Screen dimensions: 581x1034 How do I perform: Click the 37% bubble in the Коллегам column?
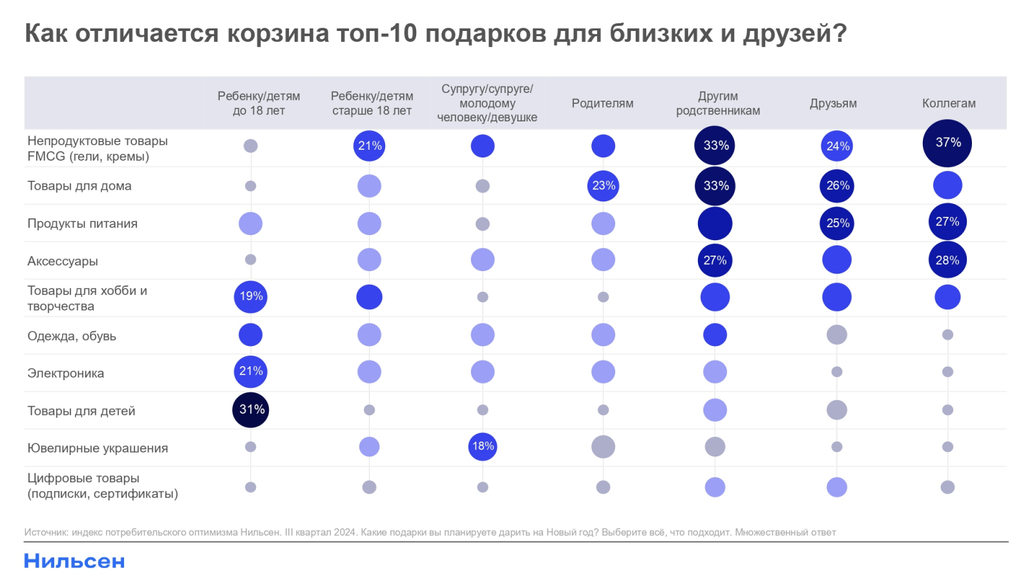click(x=947, y=143)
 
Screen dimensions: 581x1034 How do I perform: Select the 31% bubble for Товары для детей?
click(x=251, y=410)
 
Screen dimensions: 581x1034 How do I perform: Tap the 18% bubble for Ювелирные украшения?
click(x=483, y=447)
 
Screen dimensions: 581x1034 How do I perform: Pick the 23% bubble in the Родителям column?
click(x=603, y=186)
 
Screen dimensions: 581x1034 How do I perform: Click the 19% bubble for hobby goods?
click(x=251, y=297)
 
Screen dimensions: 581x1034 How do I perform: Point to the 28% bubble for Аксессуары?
click(x=947, y=260)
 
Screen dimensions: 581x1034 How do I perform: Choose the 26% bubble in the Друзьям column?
click(x=837, y=186)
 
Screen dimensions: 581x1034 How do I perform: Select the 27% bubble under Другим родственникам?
click(x=715, y=260)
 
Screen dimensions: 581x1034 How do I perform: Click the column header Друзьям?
click(x=833, y=103)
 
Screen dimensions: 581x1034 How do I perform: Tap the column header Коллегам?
click(x=949, y=103)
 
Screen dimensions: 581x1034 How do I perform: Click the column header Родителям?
click(x=602, y=103)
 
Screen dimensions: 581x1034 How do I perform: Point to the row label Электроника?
click(x=65, y=373)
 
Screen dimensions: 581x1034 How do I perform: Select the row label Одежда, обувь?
click(x=72, y=336)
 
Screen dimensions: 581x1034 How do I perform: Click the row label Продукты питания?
click(x=82, y=223)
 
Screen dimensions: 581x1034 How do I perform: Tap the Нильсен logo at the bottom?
click(x=74, y=561)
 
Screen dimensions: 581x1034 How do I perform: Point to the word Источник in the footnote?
click(x=46, y=533)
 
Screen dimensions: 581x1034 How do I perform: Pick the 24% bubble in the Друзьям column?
click(x=837, y=147)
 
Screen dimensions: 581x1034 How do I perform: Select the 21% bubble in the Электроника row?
click(x=251, y=372)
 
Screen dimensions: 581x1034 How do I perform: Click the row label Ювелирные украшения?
click(x=98, y=448)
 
